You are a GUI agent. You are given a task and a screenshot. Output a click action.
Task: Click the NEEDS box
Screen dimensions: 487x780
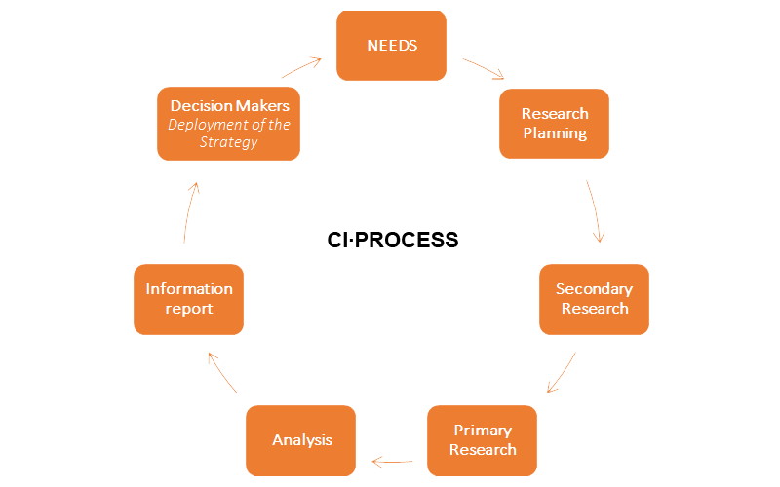(x=391, y=45)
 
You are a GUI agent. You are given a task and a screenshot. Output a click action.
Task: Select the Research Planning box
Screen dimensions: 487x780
(x=554, y=124)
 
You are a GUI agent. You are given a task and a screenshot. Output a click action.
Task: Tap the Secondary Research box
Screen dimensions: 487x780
(x=594, y=299)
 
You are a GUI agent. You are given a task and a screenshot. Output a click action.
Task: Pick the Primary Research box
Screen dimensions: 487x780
(x=482, y=440)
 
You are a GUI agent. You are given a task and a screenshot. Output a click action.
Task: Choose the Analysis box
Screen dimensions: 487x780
(x=301, y=440)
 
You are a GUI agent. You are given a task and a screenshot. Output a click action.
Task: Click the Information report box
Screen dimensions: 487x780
(x=188, y=299)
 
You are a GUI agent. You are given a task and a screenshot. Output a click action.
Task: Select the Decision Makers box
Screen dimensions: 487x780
(x=228, y=124)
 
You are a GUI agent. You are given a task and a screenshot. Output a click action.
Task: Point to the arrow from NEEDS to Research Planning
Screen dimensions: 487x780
(x=483, y=68)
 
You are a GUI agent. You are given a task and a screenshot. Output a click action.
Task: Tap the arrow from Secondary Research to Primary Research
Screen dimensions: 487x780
(x=561, y=373)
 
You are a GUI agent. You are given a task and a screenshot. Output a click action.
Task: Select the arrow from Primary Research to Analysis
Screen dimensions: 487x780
(x=391, y=461)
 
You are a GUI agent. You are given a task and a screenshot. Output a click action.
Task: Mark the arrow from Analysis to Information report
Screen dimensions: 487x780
(x=222, y=373)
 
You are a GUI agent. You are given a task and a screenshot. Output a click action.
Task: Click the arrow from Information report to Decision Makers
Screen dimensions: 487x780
(x=189, y=210)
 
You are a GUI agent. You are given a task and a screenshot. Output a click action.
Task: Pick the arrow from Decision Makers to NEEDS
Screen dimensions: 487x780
(x=301, y=67)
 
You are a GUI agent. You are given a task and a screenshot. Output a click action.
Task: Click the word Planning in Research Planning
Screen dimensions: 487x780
(x=554, y=133)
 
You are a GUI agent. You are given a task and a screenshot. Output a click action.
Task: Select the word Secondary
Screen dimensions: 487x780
(x=594, y=289)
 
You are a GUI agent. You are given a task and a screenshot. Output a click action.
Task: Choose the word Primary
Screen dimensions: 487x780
(x=482, y=431)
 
